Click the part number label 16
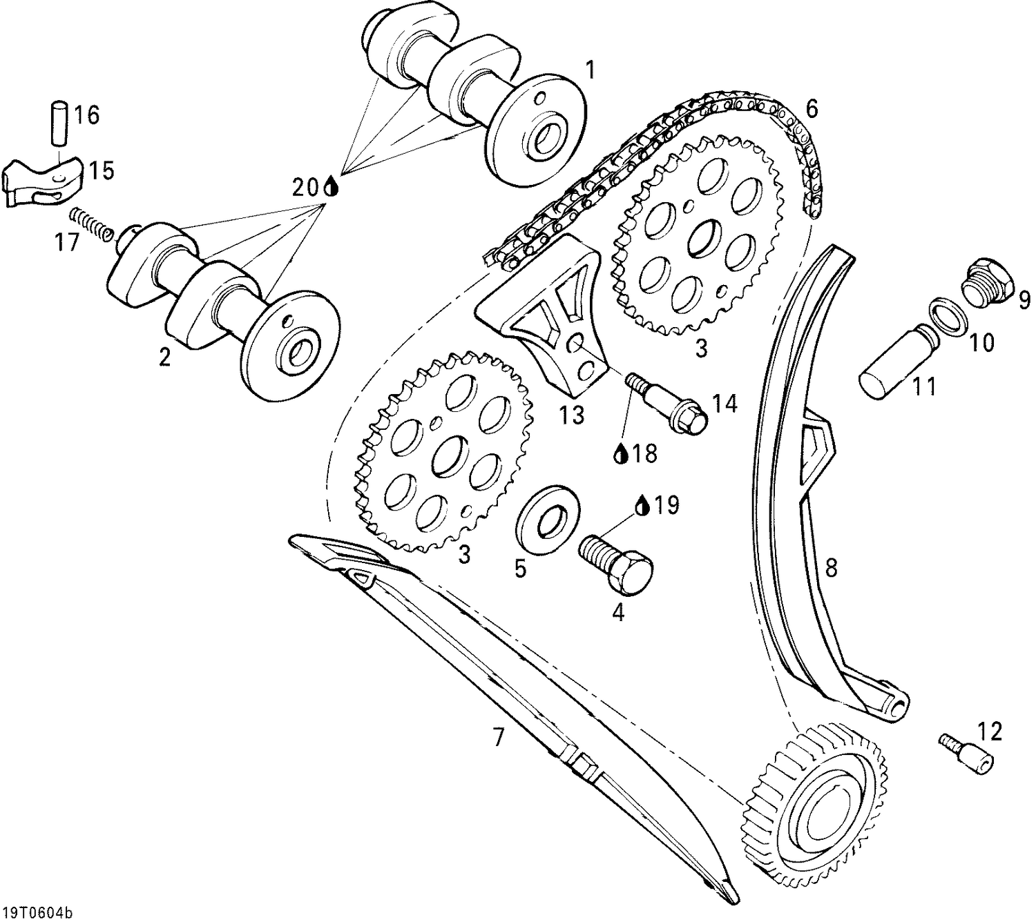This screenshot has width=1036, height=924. [88, 115]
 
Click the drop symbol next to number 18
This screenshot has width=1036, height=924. [622, 453]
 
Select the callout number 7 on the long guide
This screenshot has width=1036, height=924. [498, 737]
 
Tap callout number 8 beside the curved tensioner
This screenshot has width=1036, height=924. [831, 567]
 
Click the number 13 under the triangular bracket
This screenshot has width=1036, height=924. [573, 415]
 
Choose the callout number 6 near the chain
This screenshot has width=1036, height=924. [812, 108]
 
